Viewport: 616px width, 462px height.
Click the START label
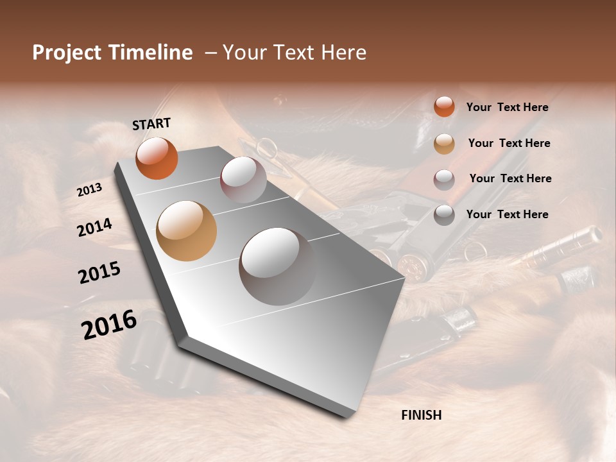pyautogui.click(x=151, y=124)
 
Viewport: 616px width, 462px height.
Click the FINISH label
pyautogui.click(x=421, y=415)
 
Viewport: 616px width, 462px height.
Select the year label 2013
pyautogui.click(x=89, y=189)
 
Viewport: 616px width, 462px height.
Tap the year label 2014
pyautogui.click(x=94, y=227)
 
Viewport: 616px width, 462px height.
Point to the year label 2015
pyautogui.click(x=99, y=273)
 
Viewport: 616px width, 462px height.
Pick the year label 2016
pyautogui.click(x=109, y=325)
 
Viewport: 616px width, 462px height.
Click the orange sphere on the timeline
pyautogui.click(x=157, y=158)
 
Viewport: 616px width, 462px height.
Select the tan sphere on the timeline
pyautogui.click(x=186, y=231)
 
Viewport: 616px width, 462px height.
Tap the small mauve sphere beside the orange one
pyautogui.click(x=243, y=180)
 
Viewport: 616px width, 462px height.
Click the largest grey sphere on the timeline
pyautogui.click(x=277, y=266)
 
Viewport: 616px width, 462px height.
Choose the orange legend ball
pyautogui.click(x=444, y=107)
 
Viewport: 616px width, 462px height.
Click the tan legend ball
pyautogui.click(x=444, y=144)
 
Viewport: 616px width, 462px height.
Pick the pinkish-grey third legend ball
pyautogui.click(x=444, y=179)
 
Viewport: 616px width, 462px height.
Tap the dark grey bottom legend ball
pyautogui.click(x=444, y=215)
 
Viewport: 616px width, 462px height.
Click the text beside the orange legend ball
pyautogui.click(x=507, y=108)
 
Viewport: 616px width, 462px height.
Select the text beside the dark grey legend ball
pyautogui.click(x=507, y=214)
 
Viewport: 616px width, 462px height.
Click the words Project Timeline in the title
pyautogui.click(x=112, y=53)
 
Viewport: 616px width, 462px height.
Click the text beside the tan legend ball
pyautogui.click(x=509, y=143)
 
